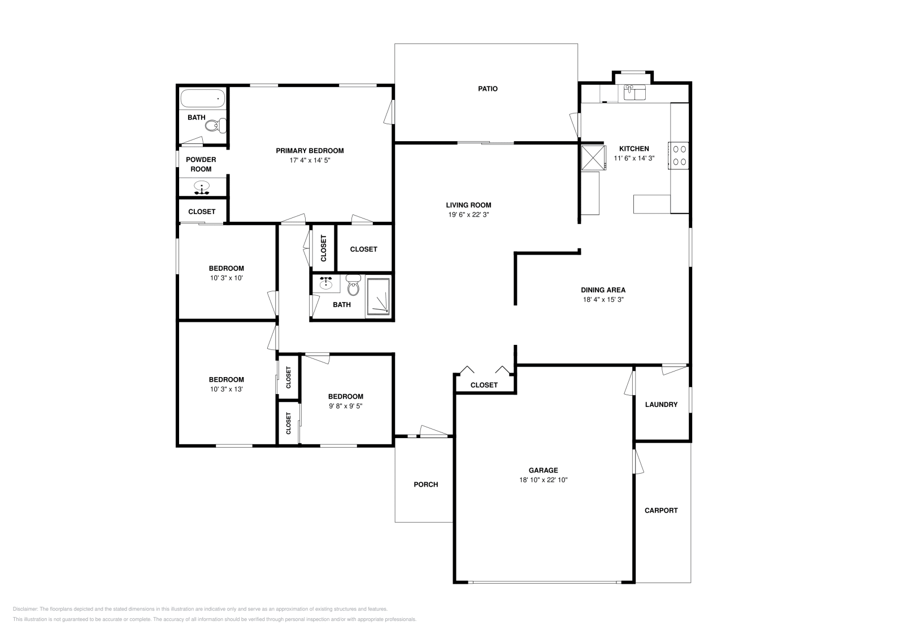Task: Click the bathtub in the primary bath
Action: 203,98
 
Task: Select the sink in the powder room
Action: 202,187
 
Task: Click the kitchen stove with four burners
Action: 679,156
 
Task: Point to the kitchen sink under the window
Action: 634,93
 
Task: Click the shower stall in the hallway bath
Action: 379,296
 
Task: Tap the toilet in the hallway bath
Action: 353,285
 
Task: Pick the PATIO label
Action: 488,89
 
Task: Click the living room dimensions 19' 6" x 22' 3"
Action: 468,215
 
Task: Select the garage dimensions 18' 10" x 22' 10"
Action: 543,480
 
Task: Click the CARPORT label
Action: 661,510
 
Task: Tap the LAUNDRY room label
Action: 661,404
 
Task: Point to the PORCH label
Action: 426,484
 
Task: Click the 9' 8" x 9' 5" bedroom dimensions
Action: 345,406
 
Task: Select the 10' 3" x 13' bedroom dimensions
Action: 227,389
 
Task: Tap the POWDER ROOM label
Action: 201,164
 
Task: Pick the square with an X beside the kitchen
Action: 593,157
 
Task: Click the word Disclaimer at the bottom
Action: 25,609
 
